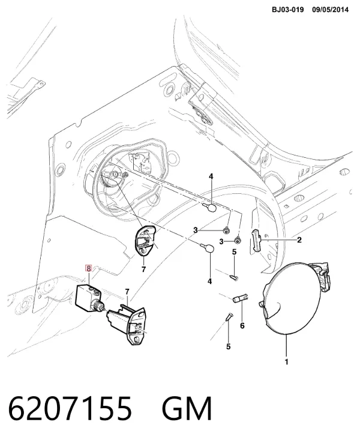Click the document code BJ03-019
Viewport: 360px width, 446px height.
tap(287, 10)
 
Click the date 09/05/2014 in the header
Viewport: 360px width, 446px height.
tap(330, 10)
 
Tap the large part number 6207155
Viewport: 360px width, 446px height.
tap(70, 408)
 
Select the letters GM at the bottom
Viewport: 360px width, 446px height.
tap(187, 408)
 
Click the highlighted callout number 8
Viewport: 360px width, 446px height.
tap(89, 268)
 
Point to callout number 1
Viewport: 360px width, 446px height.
tap(286, 362)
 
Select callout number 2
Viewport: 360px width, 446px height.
tap(299, 240)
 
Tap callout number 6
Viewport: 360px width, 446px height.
tap(242, 325)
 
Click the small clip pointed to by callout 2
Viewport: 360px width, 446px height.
tap(256, 241)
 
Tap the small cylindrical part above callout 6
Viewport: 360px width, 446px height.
tap(241, 298)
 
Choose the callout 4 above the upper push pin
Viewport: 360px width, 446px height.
tap(211, 176)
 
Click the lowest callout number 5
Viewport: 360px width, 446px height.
tap(229, 346)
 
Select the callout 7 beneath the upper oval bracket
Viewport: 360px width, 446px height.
tap(143, 269)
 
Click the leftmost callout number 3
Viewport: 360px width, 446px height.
tap(196, 231)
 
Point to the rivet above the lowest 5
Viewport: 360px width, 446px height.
tap(229, 316)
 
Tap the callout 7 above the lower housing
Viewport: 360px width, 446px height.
tap(127, 292)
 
